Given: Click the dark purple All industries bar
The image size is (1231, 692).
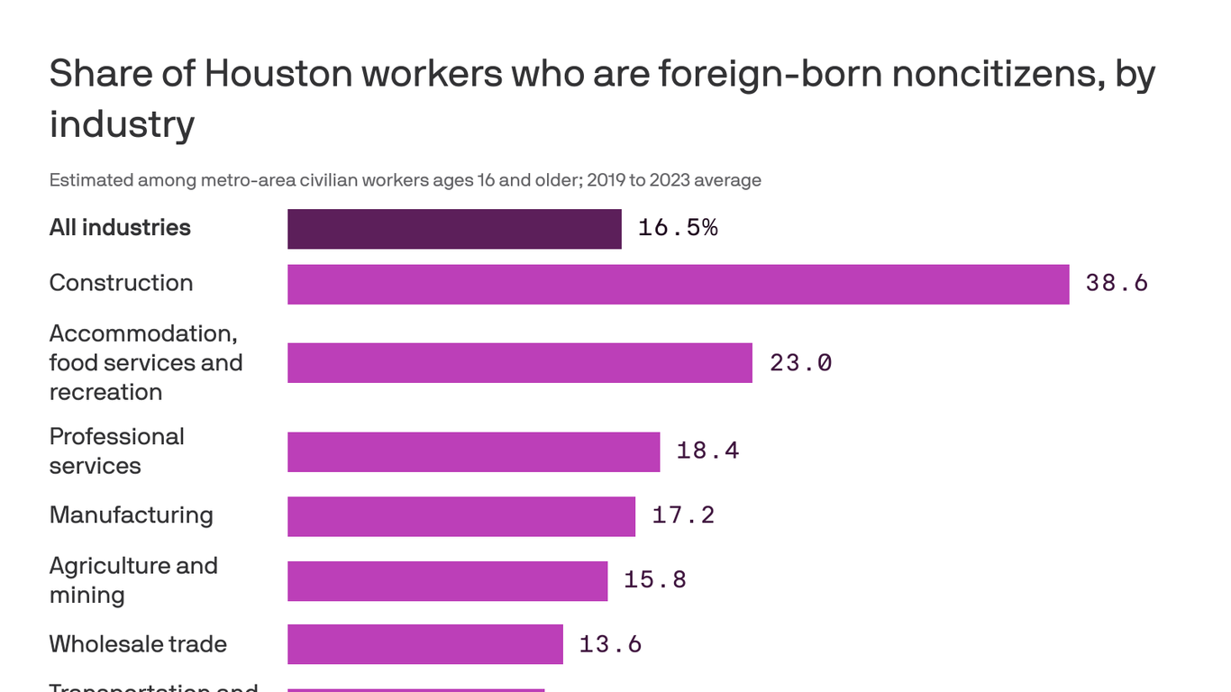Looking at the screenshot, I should pos(454,229).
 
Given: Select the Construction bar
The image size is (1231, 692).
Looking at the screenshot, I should pos(678,284).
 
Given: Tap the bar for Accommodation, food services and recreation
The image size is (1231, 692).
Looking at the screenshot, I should pos(519,362).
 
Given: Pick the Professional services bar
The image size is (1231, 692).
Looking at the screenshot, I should pos(473,451).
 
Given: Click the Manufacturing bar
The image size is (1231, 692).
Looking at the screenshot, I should pos(460,516).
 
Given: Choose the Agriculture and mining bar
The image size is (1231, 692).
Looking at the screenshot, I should pos(447,580).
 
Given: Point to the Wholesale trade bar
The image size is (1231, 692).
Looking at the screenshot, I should pos(424,644).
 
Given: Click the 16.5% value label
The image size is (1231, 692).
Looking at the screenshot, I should pos(678,228).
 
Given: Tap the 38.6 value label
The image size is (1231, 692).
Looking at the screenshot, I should pos(1117,284).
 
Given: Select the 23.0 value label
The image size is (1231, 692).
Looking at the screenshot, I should pos(800,363).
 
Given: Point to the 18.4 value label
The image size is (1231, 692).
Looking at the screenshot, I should pos(707,451).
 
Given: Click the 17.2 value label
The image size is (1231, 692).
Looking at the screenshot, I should pos(683,515).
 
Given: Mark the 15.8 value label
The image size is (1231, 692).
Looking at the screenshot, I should pos(655,579).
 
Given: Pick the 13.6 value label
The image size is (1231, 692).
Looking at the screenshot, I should pos(610,644).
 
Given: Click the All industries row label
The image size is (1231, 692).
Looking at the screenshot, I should pos(120,228).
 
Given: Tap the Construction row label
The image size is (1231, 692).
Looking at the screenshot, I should pos(121,283).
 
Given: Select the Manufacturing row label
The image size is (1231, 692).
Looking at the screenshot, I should pos(131,515).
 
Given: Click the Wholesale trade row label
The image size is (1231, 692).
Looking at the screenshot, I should pos(138,644).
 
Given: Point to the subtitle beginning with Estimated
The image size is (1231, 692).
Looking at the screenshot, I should pos(405,180).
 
